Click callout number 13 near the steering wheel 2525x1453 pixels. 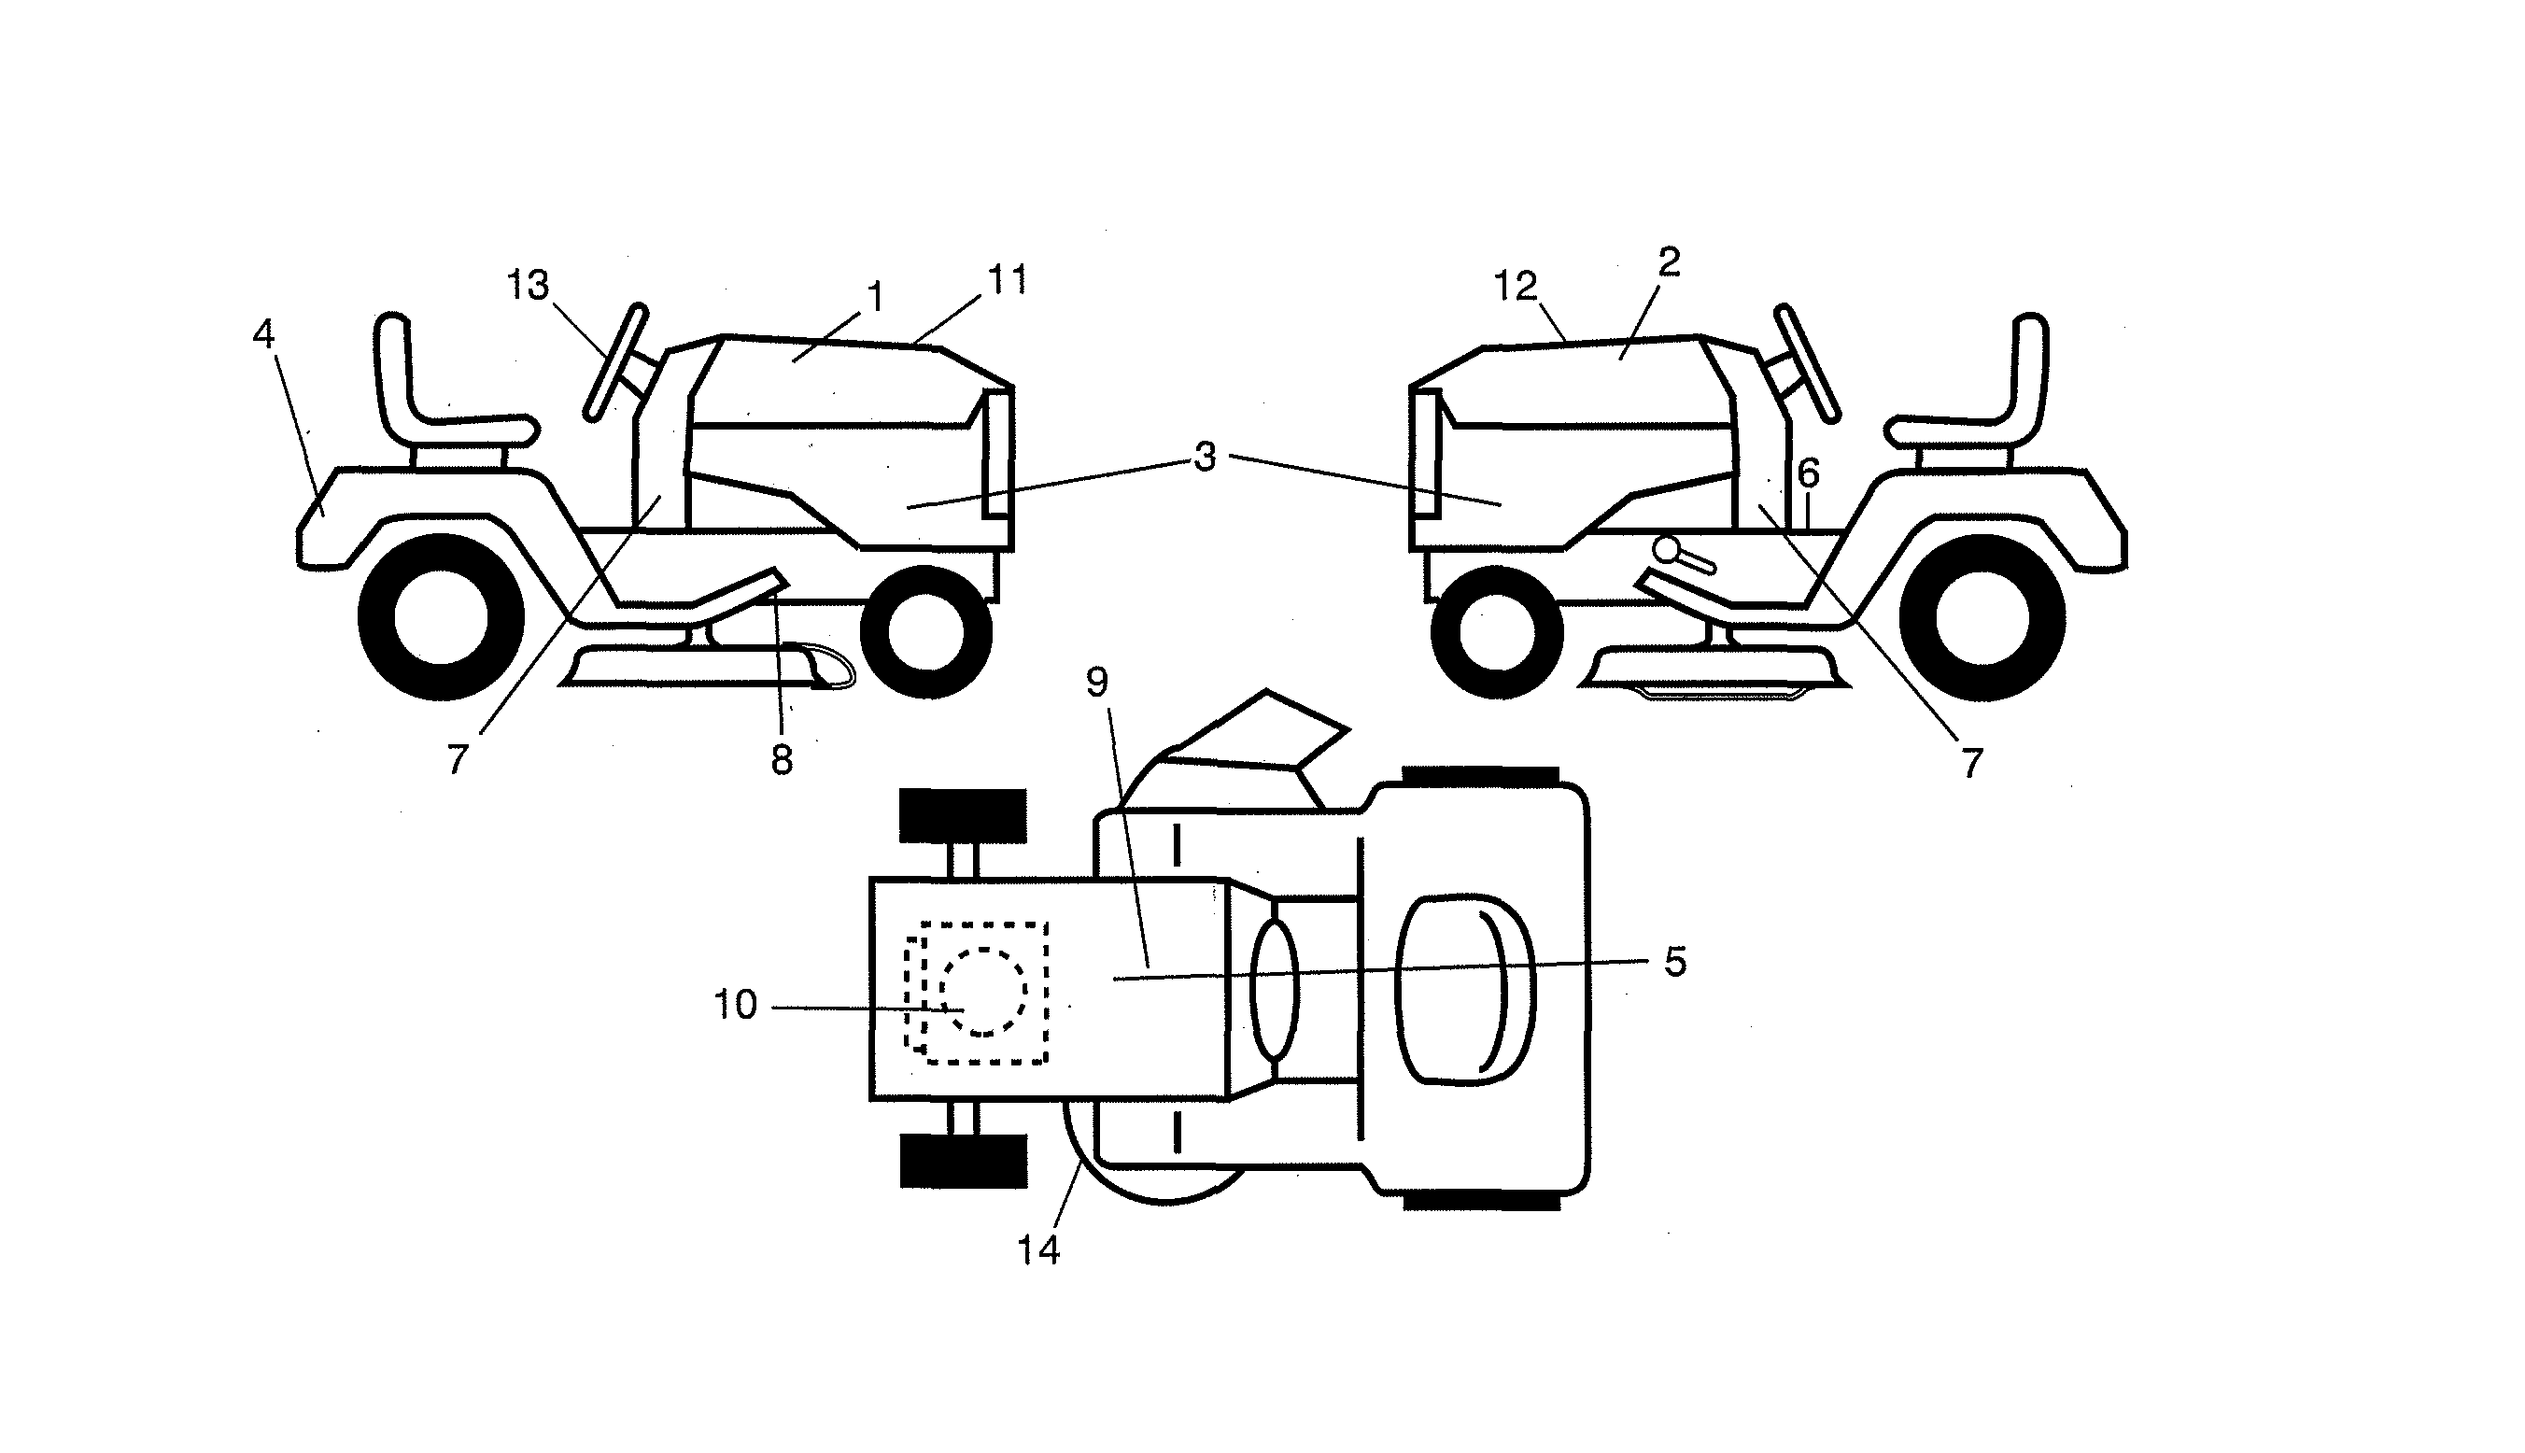[x=528, y=287]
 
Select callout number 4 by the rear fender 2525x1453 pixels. [x=263, y=334]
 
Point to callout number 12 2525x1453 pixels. [x=1516, y=288]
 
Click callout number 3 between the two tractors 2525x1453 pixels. [x=1206, y=457]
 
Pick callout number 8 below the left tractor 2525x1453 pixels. [x=783, y=760]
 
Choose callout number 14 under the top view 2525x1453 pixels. [x=1037, y=1249]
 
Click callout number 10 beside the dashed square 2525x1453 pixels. [x=735, y=1005]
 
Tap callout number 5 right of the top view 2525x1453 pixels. [x=1675, y=962]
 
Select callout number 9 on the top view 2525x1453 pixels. [x=1096, y=682]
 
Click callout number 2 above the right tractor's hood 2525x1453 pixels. [x=1669, y=262]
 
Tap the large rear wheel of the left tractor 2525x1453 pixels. [x=441, y=616]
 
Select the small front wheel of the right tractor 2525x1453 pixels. [x=1497, y=631]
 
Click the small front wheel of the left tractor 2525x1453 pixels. [x=925, y=631]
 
